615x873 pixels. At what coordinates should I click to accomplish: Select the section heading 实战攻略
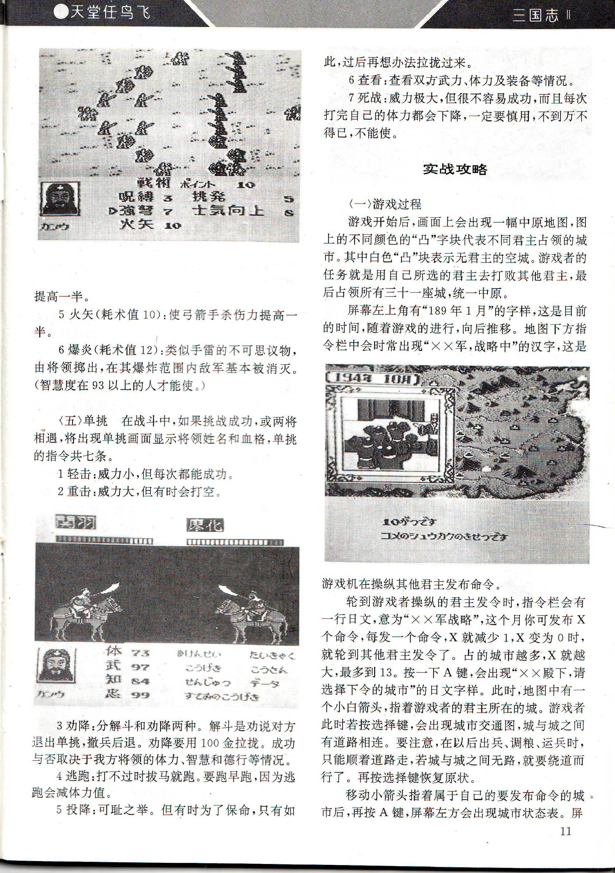[455, 170]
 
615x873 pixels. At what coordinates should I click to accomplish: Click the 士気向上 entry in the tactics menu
[228, 211]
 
